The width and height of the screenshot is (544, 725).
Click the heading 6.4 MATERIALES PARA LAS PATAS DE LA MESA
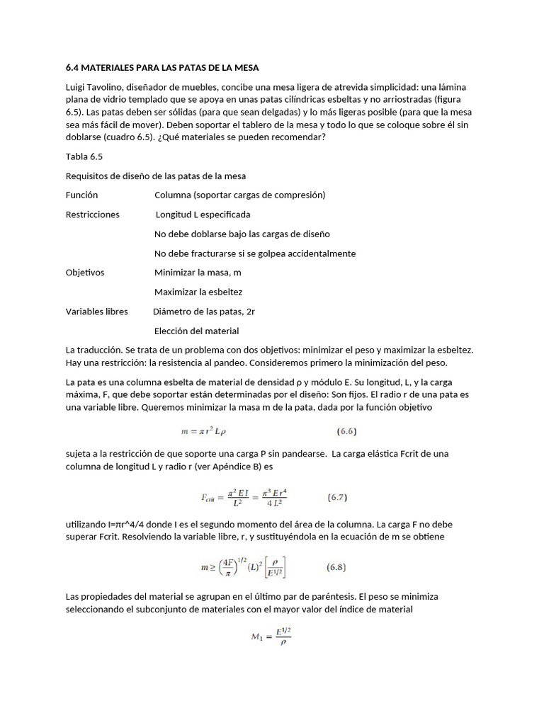tap(162, 68)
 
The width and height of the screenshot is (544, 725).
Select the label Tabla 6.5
tap(84, 157)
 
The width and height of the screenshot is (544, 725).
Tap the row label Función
tap(81, 195)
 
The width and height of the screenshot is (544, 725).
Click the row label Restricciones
tap(93, 215)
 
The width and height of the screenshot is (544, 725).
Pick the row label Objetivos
tap(85, 273)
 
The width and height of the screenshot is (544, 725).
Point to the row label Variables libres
tap(97, 312)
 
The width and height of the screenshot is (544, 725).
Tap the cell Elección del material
tap(197, 331)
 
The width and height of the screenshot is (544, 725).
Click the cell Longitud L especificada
tap(203, 215)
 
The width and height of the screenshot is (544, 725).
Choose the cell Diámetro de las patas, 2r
tap(203, 312)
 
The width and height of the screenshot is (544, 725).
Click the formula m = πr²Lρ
tap(211, 430)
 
